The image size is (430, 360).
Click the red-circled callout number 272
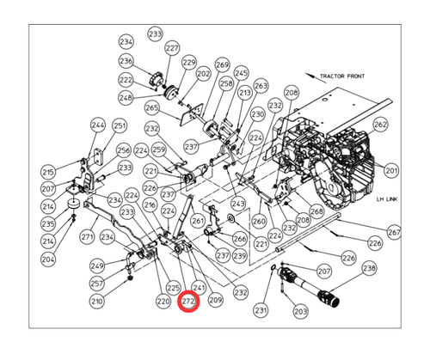[x=188, y=302]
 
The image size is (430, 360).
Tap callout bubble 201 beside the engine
[x=392, y=171]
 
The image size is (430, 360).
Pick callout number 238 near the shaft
[x=369, y=268]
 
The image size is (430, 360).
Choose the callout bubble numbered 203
[x=300, y=310]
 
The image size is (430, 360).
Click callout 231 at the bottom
[x=261, y=310]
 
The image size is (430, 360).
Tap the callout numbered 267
[x=394, y=232]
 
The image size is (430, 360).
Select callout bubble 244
[x=97, y=125]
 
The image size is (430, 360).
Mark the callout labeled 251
[x=120, y=125]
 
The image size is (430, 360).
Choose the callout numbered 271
[x=87, y=236]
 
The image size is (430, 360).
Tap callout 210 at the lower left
[x=97, y=302]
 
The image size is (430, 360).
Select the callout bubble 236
[x=126, y=61]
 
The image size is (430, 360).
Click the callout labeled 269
[x=222, y=65]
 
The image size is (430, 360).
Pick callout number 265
[x=152, y=108]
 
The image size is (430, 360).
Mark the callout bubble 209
[x=215, y=301]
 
